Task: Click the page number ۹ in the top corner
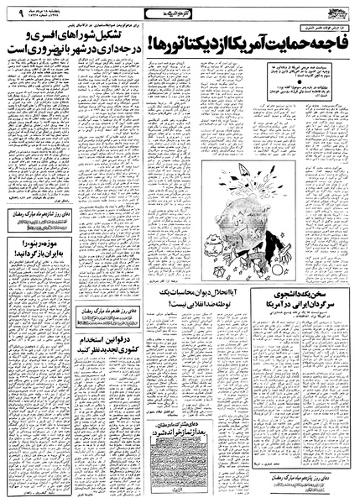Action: click(x=11, y=12)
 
